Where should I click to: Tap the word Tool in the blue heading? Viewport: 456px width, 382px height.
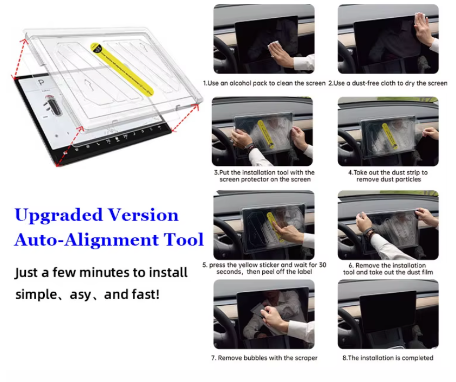(x=183, y=239)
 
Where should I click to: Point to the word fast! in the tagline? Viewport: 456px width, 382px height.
(x=145, y=294)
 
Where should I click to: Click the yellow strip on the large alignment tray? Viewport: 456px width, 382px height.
(x=122, y=69)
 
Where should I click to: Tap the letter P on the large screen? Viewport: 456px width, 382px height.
(x=42, y=83)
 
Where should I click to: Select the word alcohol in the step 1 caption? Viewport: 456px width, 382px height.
(x=240, y=83)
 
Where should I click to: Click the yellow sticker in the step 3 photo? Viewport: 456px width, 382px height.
(x=265, y=134)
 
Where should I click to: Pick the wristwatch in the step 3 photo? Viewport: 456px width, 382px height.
(x=249, y=148)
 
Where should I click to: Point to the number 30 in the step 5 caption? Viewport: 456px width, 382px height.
(x=322, y=265)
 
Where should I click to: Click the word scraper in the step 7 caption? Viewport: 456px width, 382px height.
(x=306, y=358)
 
